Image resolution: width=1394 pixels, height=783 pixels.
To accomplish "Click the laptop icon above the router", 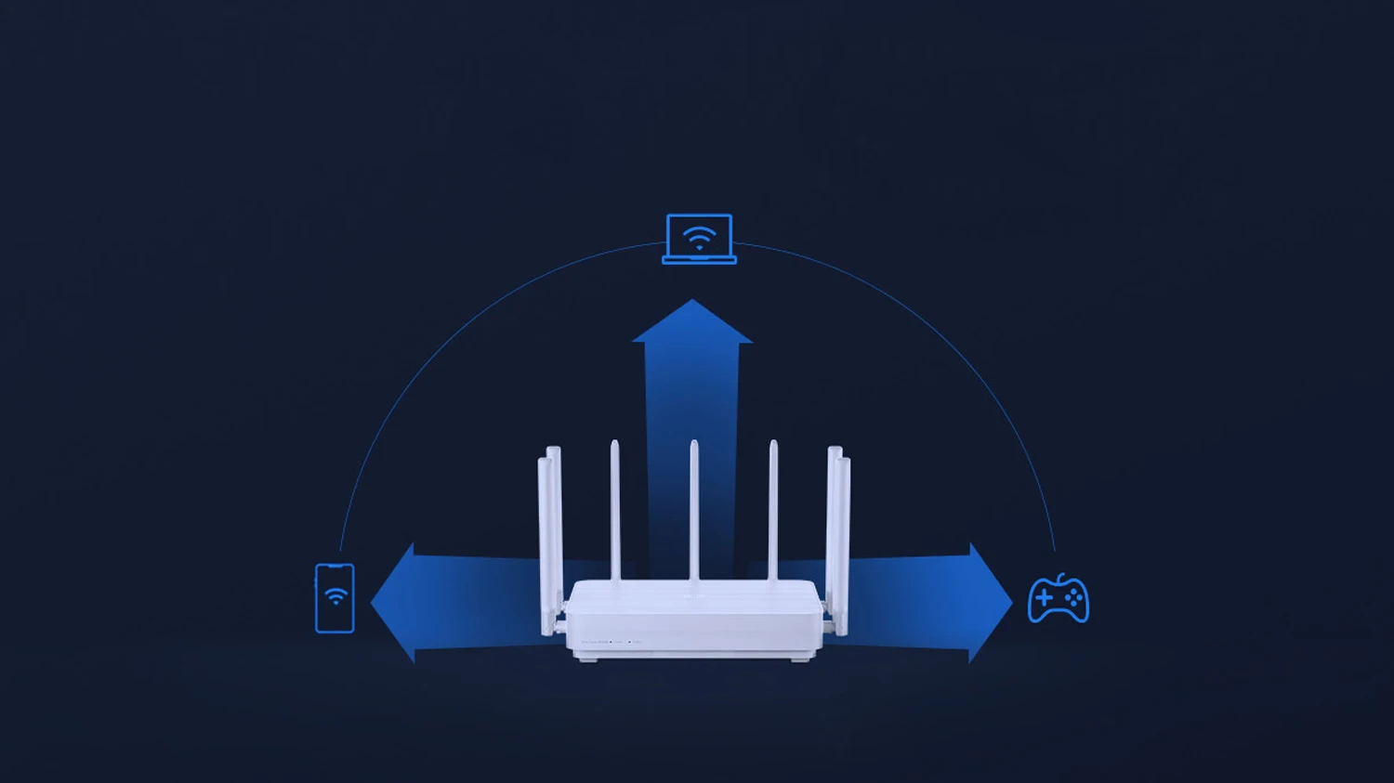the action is [x=699, y=239].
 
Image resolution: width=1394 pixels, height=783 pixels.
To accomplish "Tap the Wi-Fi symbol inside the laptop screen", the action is [x=699, y=239].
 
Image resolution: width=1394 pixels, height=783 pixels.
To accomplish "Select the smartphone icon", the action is [x=335, y=598].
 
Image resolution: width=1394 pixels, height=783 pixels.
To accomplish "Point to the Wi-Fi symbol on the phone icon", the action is [x=335, y=595].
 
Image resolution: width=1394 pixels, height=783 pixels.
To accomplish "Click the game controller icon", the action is [x=1058, y=599].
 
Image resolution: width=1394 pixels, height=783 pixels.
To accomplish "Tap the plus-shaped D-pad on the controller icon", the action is [x=1045, y=599].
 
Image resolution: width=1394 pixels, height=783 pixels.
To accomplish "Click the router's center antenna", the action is [x=694, y=511].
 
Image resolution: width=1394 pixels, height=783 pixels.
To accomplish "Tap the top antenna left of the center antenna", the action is [x=615, y=511].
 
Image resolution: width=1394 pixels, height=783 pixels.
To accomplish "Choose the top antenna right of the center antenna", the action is [x=773, y=511].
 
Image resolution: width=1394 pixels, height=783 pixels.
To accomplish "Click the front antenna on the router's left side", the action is [x=545, y=548].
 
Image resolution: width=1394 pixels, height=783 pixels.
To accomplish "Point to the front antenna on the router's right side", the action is [x=843, y=548].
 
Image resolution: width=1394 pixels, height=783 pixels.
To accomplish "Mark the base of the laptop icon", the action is [x=699, y=260].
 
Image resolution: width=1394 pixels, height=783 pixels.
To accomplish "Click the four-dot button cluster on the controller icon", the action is [x=1073, y=599].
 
